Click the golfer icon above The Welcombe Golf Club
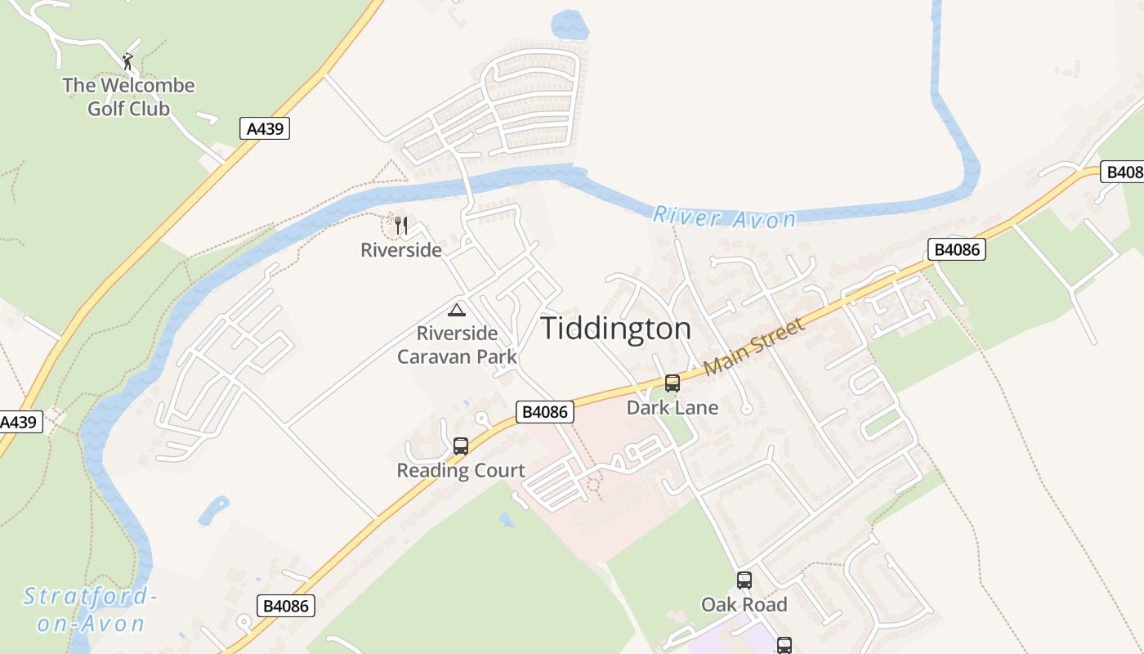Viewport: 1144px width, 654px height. tap(127, 60)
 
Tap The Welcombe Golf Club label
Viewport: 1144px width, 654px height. tap(129, 96)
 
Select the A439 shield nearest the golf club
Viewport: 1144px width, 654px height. tap(265, 128)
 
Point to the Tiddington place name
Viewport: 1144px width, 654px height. tap(616, 329)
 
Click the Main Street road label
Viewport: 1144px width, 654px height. tap(754, 347)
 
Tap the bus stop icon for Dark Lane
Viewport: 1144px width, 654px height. tap(672, 383)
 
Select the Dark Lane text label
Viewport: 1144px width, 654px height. tap(672, 407)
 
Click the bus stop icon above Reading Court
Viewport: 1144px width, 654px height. tap(461, 446)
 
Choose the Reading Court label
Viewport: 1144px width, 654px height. tap(461, 470)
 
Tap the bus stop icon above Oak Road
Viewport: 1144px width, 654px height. tap(744, 580)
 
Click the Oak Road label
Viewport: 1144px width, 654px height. tap(744, 605)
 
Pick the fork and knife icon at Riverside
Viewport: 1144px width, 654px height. tap(401, 226)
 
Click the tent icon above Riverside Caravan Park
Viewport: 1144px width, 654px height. tap(457, 310)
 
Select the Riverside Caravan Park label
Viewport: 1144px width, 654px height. tap(457, 345)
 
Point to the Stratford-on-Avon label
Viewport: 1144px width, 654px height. tap(90, 610)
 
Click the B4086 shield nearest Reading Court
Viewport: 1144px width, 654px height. tap(544, 412)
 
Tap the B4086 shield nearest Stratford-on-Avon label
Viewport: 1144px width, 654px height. tap(286, 606)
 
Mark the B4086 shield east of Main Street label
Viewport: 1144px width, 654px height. tap(956, 249)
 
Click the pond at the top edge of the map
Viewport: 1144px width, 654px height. tap(570, 25)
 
